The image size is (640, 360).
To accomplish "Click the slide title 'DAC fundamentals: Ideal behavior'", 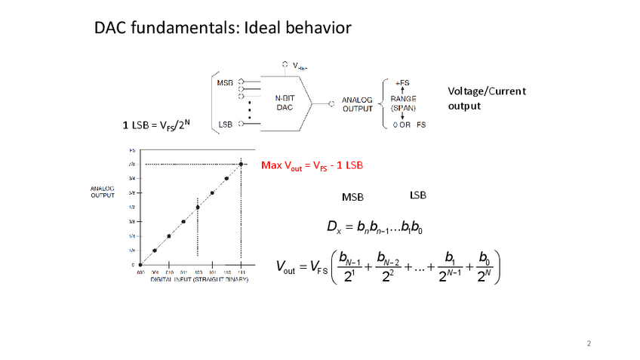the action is (223, 29).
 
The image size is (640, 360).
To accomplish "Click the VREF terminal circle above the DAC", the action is (284, 64).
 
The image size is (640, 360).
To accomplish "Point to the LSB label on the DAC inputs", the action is (224, 124).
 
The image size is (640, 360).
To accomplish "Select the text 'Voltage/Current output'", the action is (486, 98).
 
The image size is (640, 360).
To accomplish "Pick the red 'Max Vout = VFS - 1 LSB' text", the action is (312, 165).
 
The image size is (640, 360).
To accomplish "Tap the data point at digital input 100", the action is (198, 207).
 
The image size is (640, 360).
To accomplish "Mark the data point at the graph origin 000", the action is (140, 265).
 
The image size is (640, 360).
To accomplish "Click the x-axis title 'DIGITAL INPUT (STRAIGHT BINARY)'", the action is (199, 279).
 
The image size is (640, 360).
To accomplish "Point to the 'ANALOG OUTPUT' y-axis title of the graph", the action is (102, 192).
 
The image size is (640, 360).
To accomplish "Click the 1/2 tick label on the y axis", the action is (131, 207).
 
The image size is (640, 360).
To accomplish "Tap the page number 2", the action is (589, 345).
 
